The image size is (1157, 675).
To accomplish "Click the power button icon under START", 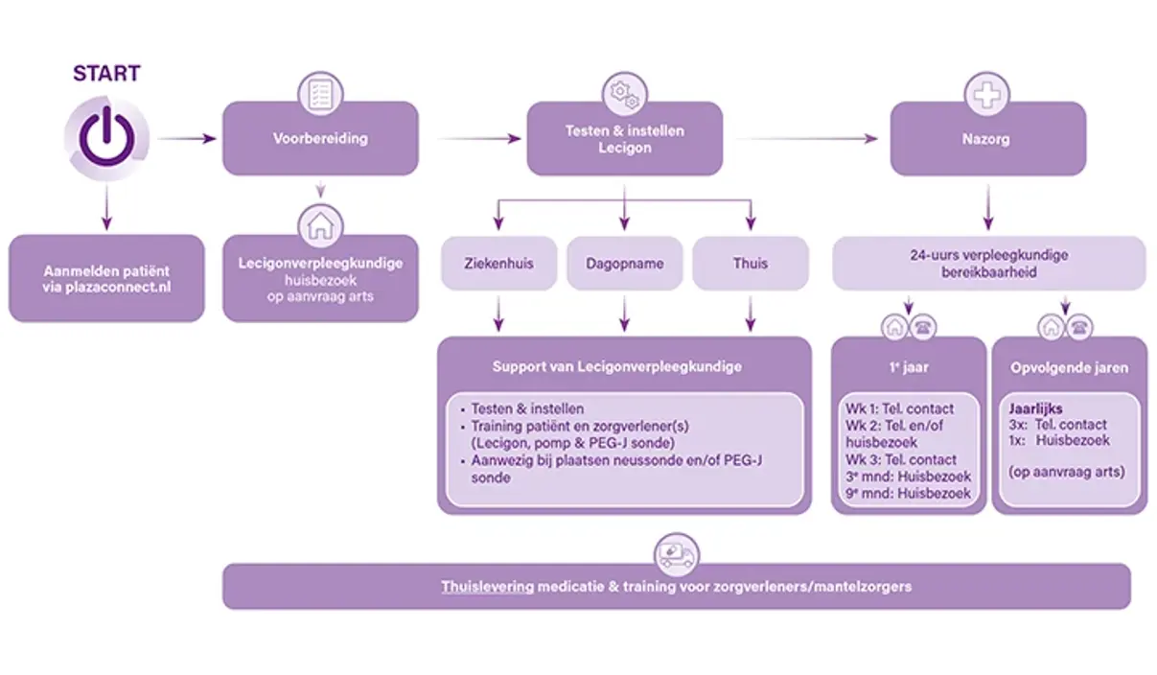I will [x=106, y=140].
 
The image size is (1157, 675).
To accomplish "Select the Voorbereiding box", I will [x=320, y=139].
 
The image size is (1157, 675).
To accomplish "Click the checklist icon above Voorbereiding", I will [x=320, y=93].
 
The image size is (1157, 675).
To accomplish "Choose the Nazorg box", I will [x=987, y=139].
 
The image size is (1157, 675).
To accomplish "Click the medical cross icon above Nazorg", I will [x=987, y=94].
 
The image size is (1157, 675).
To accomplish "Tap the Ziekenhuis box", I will [x=498, y=264].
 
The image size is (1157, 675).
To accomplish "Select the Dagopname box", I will [x=625, y=264].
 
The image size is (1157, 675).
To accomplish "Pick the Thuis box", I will [x=751, y=264].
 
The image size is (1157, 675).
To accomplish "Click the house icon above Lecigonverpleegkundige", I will [x=320, y=227].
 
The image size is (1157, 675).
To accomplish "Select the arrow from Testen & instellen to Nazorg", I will [x=805, y=139].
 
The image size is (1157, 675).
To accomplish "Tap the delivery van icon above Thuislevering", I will [x=676, y=554].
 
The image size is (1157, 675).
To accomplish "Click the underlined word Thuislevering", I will [x=487, y=586].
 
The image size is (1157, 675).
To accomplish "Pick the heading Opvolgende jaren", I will [x=1069, y=368].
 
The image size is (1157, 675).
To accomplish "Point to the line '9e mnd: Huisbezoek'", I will [x=908, y=494].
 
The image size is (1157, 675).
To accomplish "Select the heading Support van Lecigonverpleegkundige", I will [x=616, y=366].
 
